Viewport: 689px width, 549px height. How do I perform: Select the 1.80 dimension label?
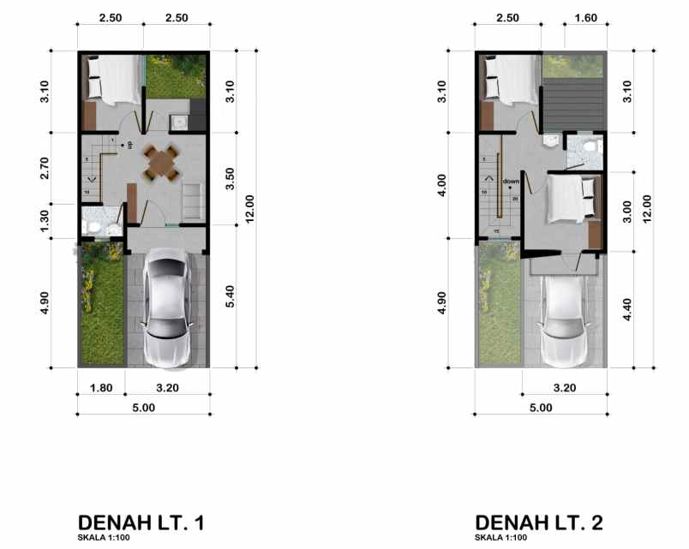[x=101, y=387]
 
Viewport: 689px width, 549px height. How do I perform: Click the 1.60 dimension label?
[x=586, y=18]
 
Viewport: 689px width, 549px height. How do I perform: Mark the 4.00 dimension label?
[x=442, y=185]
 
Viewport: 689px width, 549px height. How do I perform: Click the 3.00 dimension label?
[x=626, y=211]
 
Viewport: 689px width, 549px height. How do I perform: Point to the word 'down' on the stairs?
[x=511, y=182]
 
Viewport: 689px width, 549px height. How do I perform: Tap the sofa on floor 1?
[x=192, y=200]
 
